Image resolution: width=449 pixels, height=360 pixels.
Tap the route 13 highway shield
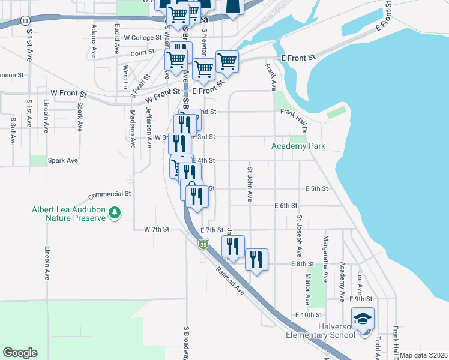click(24, 20)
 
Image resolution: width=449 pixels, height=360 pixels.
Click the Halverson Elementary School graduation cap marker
click(362, 319)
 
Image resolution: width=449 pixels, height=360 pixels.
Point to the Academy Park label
click(298, 146)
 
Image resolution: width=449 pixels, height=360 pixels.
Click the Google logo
click(20, 352)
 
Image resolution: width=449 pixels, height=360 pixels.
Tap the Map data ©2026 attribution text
click(423, 355)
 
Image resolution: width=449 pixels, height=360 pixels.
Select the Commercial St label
click(110, 194)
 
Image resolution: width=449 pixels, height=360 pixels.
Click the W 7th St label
click(157, 230)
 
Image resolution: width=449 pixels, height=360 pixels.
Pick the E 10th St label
click(309, 314)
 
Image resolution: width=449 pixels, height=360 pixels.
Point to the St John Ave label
click(249, 184)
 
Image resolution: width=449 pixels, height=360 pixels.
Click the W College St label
click(143, 37)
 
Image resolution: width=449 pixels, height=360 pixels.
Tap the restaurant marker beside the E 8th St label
click(256, 260)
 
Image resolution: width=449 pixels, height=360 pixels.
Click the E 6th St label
click(286, 205)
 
